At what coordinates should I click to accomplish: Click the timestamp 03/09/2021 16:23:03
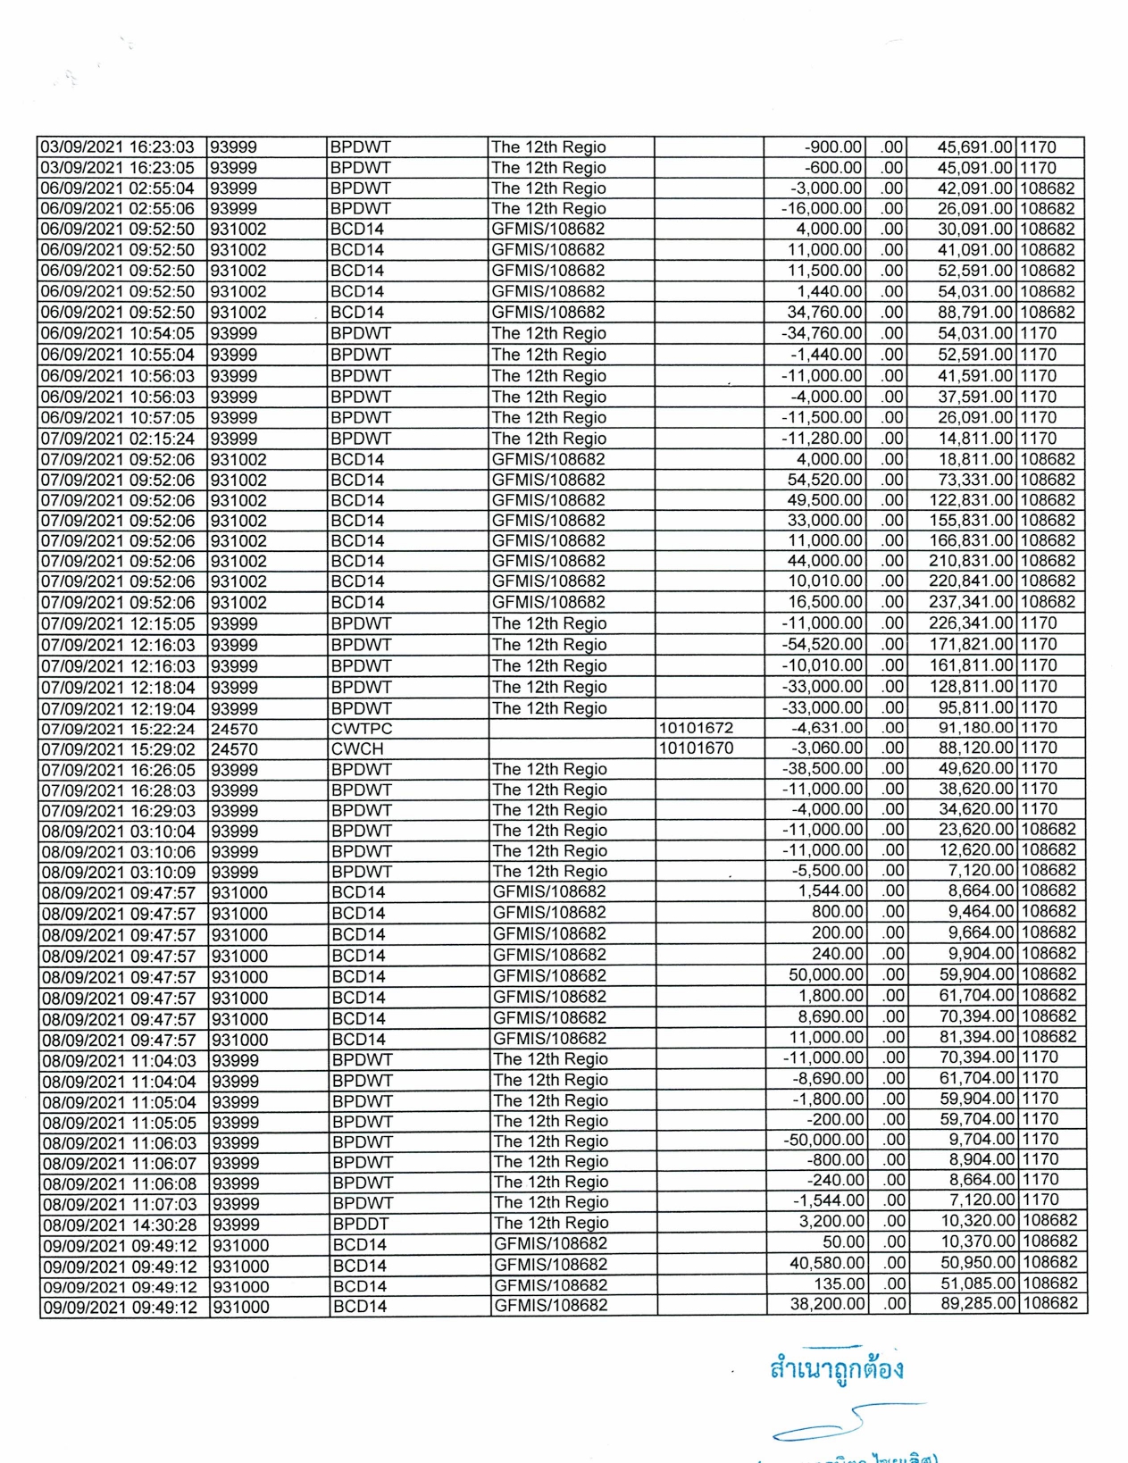[x=117, y=147]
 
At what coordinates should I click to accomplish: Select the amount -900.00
[x=833, y=147]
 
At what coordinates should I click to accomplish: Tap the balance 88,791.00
[x=974, y=313]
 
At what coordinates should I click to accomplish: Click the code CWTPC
[x=362, y=729]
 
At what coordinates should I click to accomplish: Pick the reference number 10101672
[x=696, y=729]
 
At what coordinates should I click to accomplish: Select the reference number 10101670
[x=696, y=748]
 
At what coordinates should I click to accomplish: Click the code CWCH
[x=357, y=748]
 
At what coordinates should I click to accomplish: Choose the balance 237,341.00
[x=971, y=602]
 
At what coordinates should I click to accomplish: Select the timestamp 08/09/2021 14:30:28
[x=120, y=1225]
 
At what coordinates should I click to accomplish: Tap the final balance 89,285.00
[x=977, y=1304]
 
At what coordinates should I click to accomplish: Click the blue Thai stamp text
[x=836, y=1369]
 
